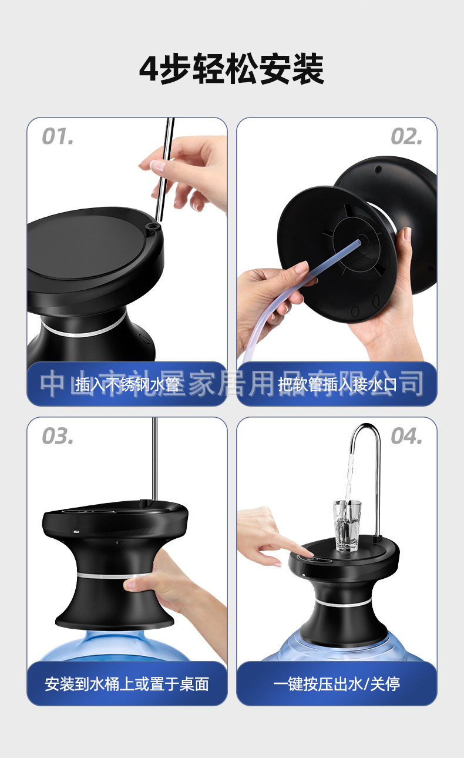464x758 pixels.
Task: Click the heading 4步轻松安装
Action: click(x=231, y=70)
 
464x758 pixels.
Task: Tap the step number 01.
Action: click(x=58, y=137)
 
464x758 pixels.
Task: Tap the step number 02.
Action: click(x=406, y=137)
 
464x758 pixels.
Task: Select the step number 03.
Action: click(x=58, y=437)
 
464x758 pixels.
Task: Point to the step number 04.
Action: click(x=406, y=437)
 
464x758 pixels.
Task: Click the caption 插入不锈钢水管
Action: click(x=127, y=385)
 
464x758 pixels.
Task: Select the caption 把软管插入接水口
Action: click(x=337, y=385)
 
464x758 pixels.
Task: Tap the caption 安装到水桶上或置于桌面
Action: click(x=127, y=684)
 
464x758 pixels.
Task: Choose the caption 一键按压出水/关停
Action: click(x=337, y=684)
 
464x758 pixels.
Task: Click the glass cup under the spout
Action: click(x=348, y=526)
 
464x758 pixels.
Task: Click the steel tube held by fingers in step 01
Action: click(x=165, y=170)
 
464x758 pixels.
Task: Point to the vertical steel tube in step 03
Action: click(x=155, y=458)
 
